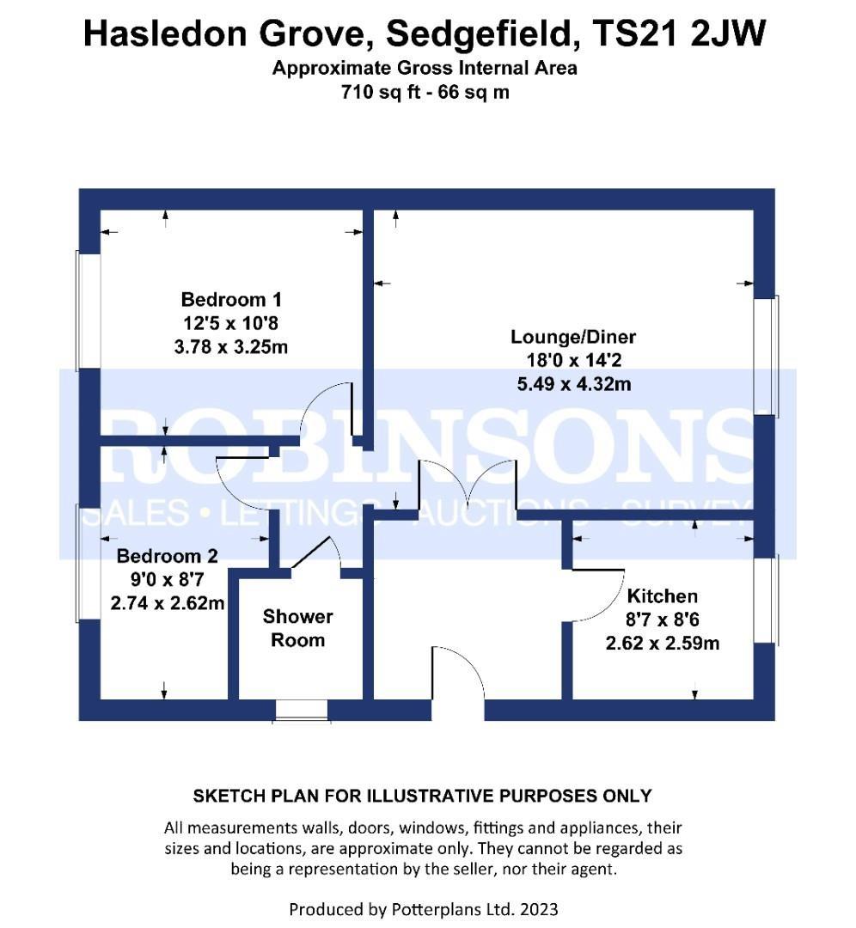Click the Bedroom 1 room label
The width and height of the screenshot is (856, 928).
point(231,300)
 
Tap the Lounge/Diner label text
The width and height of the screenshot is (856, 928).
point(573,337)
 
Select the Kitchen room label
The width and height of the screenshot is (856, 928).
point(663,595)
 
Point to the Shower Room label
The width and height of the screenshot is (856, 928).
point(297,628)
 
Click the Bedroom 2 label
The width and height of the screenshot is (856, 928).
point(167,556)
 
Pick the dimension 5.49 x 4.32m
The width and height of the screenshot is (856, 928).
point(573,384)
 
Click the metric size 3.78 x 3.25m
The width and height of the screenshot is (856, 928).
point(231,346)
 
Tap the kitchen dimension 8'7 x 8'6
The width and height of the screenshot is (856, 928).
point(663,619)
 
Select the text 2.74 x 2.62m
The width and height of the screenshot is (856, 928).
point(168,603)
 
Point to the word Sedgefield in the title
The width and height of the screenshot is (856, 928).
point(483,34)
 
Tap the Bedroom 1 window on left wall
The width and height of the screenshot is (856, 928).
point(89,311)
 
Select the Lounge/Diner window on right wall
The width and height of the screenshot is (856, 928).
point(766,357)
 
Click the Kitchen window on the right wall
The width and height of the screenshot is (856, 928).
point(766,600)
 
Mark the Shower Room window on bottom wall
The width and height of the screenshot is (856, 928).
point(302,711)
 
